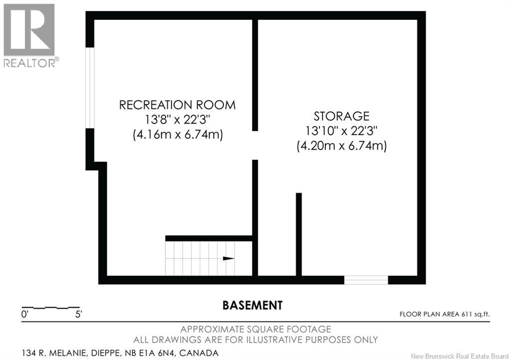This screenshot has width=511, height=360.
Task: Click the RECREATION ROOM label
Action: pyautogui.click(x=177, y=105)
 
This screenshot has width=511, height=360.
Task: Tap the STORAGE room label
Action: pyautogui.click(x=341, y=116)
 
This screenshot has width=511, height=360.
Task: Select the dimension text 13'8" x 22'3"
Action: pyautogui.click(x=177, y=120)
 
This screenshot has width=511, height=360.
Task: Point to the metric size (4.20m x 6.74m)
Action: pyautogui.click(x=341, y=145)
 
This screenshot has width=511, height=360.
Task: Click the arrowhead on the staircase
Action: pyautogui.click(x=229, y=259)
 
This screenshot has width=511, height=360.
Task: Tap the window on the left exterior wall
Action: pyautogui.click(x=90, y=88)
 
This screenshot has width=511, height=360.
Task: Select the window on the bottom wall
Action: pyautogui.click(x=366, y=280)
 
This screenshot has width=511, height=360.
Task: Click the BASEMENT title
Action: pyautogui.click(x=252, y=305)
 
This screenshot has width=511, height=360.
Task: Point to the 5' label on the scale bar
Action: pyautogui.click(x=78, y=315)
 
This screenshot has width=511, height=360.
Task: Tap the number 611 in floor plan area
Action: pyautogui.click(x=467, y=314)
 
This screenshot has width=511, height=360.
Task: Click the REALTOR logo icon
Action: pyautogui.click(x=29, y=30)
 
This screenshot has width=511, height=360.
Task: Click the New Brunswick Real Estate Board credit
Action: pyautogui.click(x=460, y=356)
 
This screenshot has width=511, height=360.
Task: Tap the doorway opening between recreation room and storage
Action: pyautogui.click(x=255, y=146)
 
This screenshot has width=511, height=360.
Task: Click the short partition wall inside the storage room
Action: pyautogui.click(x=298, y=234)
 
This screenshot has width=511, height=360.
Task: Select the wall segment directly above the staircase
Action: pyautogui.click(x=209, y=238)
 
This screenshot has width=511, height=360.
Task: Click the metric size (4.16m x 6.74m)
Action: pyautogui.click(x=178, y=134)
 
